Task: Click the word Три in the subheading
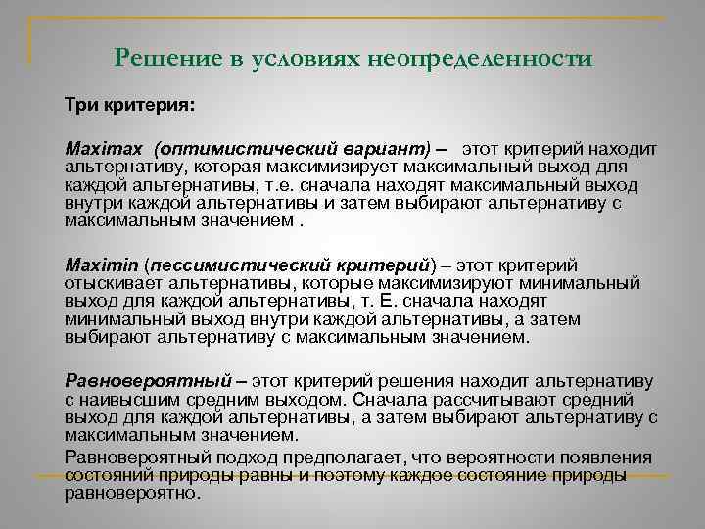tap(80, 103)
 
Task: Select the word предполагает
tap(310, 457)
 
